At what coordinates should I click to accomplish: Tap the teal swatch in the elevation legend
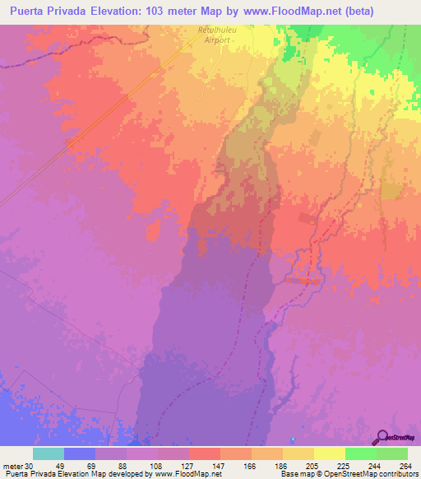(x=49, y=453)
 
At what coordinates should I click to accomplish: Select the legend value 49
(x=60, y=464)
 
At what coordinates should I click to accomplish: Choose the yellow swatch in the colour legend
(x=330, y=453)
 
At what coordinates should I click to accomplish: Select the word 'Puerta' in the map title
(x=28, y=11)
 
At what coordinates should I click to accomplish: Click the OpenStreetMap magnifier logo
(x=383, y=437)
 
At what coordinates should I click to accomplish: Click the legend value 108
(x=156, y=464)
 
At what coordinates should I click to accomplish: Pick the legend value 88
(x=124, y=464)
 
